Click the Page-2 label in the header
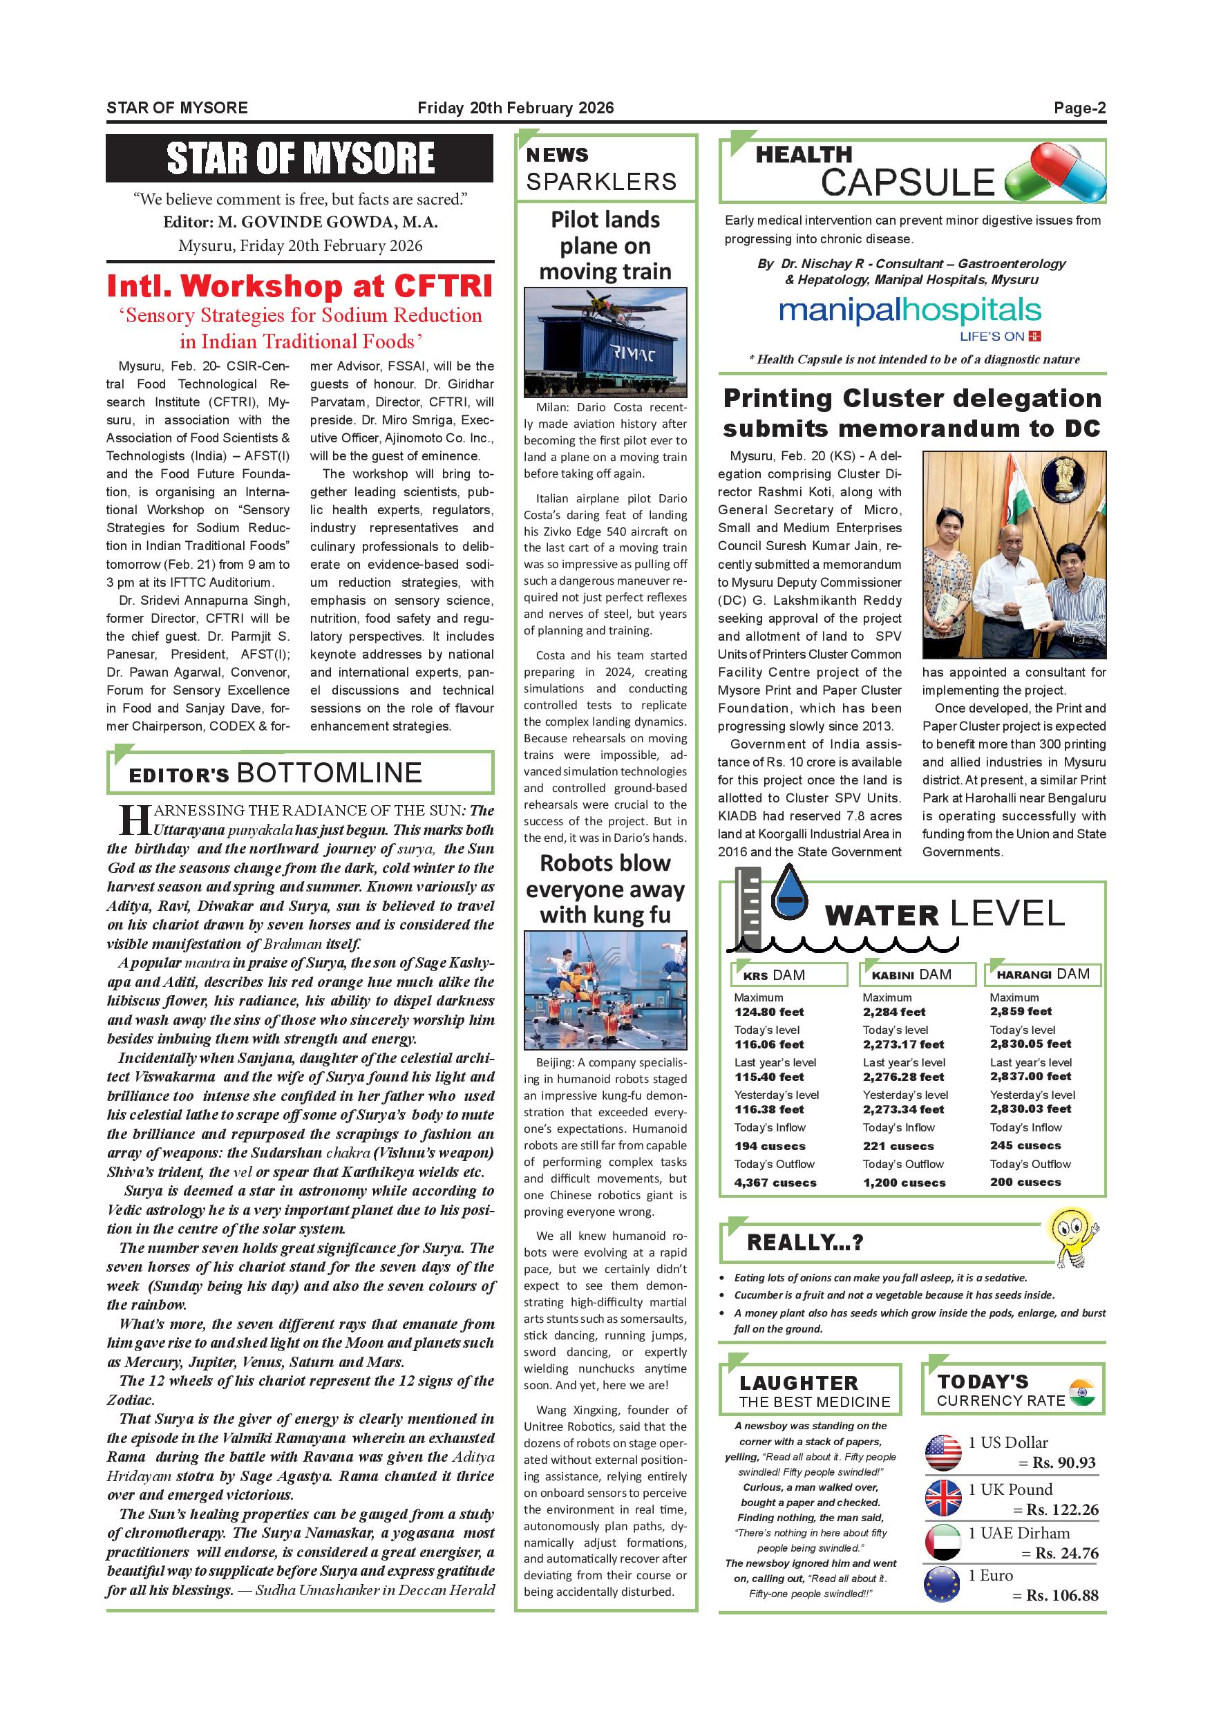click(1079, 109)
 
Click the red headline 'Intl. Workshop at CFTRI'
click(300, 286)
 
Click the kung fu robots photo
click(605, 990)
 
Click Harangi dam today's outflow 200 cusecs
click(1025, 1182)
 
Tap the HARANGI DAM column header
click(1043, 974)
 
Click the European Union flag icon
click(942, 1584)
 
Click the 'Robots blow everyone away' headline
click(605, 888)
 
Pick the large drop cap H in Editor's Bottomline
click(135, 819)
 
